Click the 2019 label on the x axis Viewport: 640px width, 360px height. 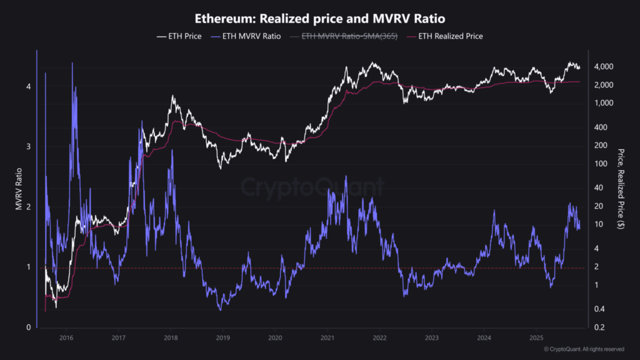tap(222, 337)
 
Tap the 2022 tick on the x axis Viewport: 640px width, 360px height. tap(379, 337)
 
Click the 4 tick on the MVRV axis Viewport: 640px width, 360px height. tap(28, 86)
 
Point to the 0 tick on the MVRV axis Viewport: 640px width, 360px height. tap(28, 327)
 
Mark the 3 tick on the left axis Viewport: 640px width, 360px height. tap(28, 147)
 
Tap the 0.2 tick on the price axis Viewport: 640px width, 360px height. tap(599, 327)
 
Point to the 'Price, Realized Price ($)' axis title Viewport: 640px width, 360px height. tap(621, 189)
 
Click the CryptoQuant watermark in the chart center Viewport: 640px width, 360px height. tap(312, 187)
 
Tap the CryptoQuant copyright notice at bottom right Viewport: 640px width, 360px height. tap(583, 349)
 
